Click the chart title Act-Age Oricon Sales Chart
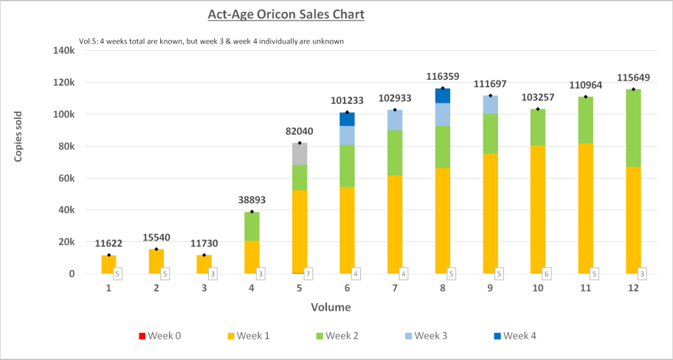pyautogui.click(x=285, y=14)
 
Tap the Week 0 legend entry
pyautogui.click(x=159, y=336)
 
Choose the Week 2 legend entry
pyautogui.click(x=336, y=336)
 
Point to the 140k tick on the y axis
pyautogui.click(x=63, y=50)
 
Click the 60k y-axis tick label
pyautogui.click(x=65, y=178)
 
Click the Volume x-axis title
pyautogui.click(x=330, y=307)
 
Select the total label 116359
pyautogui.click(x=443, y=76)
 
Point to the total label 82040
pyautogui.click(x=300, y=131)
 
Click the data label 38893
pyautogui.click(x=252, y=200)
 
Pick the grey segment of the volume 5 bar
pyautogui.click(x=300, y=153)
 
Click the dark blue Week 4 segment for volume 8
pyautogui.click(x=443, y=95)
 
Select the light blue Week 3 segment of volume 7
pyautogui.click(x=395, y=120)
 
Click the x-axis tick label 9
pyautogui.click(x=490, y=288)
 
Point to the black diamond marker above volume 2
pyautogui.click(x=156, y=249)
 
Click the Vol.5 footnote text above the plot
pyautogui.click(x=211, y=41)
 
